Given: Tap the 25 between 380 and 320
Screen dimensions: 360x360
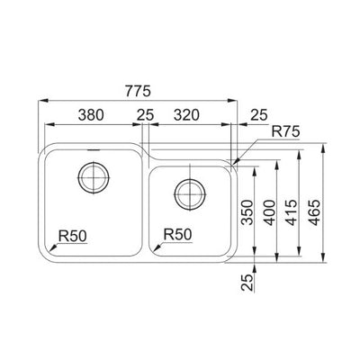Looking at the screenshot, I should click(144, 114).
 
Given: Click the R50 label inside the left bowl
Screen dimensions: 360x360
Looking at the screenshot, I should click(73, 237).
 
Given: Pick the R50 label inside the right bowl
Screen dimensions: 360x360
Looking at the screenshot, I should click(176, 236).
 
